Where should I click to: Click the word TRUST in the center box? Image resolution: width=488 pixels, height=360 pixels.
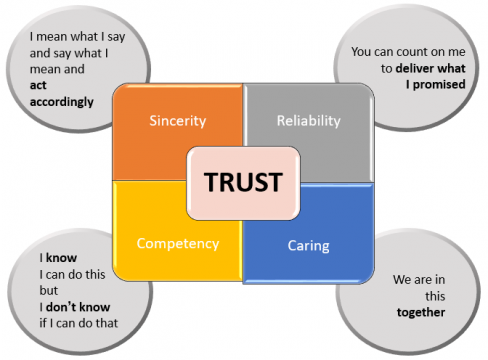coord(244,183)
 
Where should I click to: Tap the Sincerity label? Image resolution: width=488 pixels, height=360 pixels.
coord(177,121)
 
